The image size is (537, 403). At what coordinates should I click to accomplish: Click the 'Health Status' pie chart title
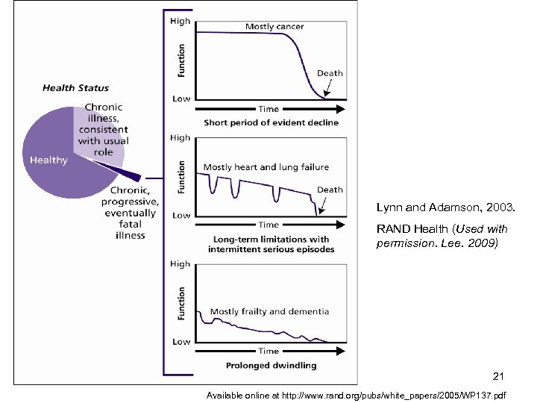tap(75, 88)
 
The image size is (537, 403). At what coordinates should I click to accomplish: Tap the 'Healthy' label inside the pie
tap(48, 160)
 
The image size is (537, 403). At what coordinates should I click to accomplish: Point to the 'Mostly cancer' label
tap(274, 27)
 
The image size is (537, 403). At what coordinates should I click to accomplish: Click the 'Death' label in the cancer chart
tap(330, 73)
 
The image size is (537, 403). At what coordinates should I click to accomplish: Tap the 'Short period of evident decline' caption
tap(271, 122)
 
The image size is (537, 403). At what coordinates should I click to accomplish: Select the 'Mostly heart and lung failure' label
tap(266, 167)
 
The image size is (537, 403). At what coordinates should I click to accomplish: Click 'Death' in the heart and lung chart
tap(330, 190)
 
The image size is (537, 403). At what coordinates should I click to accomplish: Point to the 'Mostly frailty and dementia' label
tap(269, 312)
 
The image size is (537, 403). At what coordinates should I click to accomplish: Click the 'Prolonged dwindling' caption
tap(270, 365)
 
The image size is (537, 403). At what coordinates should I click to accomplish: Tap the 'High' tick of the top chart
tap(180, 22)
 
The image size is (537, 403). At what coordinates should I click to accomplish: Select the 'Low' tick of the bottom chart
tap(181, 342)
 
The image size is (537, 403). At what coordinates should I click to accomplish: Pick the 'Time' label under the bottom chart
tap(268, 351)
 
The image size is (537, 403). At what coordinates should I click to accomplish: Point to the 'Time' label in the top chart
tap(268, 109)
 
